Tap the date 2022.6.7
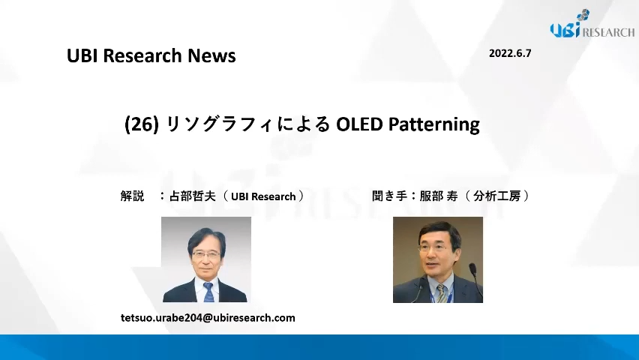[x=510, y=53]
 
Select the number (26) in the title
[x=142, y=124]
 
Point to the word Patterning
[x=434, y=124]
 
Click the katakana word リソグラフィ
[x=220, y=124]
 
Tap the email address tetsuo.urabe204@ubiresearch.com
[x=208, y=317]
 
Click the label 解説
[x=133, y=196]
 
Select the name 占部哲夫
[x=192, y=196]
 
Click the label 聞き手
[x=389, y=196]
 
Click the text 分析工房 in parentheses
[x=497, y=196]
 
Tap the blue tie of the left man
[x=208, y=292]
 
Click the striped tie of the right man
[x=440, y=293]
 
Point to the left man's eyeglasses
[x=206, y=254]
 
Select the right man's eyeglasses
[x=433, y=247]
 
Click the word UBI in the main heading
[x=82, y=55]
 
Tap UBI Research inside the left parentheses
[x=263, y=196]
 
